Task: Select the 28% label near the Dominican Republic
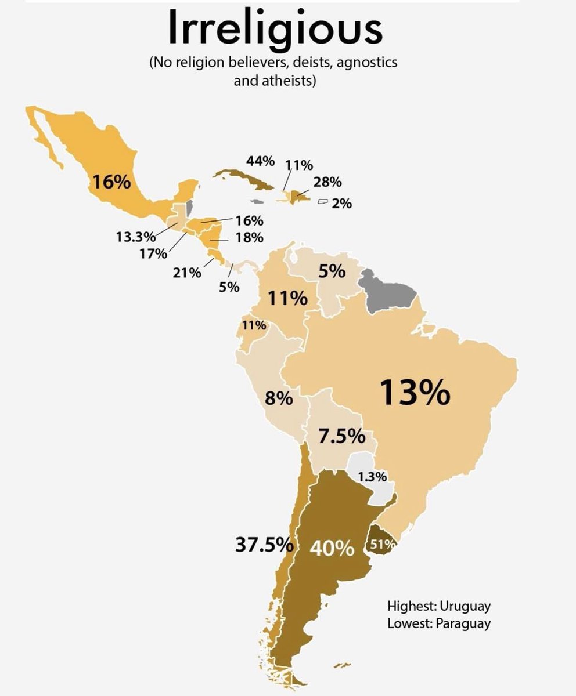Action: (327, 182)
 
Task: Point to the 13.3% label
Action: (136, 237)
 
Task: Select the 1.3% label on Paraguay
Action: (372, 477)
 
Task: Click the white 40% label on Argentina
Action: (332, 548)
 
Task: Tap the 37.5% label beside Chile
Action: (262, 545)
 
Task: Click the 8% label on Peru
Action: (278, 399)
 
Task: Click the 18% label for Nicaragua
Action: (250, 237)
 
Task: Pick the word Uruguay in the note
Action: (465, 606)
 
